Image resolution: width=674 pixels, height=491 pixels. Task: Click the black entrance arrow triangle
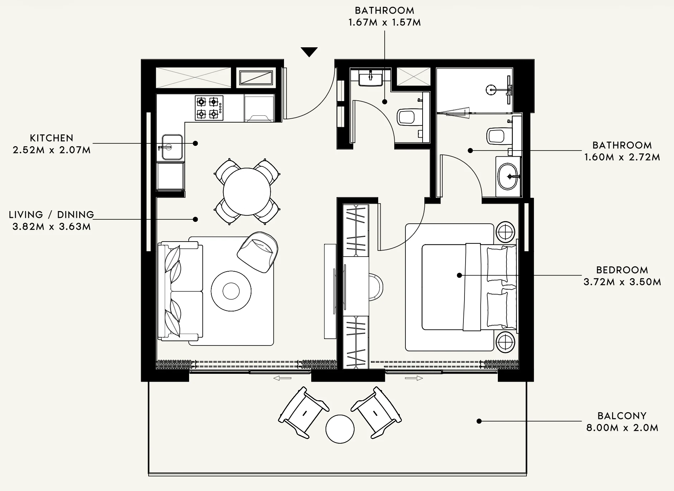[309, 52]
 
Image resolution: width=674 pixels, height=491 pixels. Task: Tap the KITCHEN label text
[52, 138]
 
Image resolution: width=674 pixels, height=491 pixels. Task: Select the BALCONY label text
[622, 416]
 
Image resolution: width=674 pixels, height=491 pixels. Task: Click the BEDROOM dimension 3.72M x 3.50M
[622, 282]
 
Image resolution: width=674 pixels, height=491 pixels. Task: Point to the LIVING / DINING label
[52, 215]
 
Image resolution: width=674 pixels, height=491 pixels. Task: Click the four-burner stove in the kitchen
[209, 108]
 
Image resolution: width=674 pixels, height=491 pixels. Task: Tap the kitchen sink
[172, 147]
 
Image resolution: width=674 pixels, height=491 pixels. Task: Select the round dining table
[247, 191]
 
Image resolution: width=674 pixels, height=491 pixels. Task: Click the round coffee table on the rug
[231, 291]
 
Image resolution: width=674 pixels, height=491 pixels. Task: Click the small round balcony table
[340, 429]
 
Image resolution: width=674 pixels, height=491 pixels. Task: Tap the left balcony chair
[304, 412]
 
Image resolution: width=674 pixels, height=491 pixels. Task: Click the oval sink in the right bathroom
[508, 176]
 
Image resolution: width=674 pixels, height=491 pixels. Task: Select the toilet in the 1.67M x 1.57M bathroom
[406, 117]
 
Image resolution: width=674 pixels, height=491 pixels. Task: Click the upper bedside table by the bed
[505, 232]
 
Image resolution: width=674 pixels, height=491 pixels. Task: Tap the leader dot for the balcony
[479, 421]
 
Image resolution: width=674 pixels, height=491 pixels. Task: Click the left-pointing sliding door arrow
[282, 378]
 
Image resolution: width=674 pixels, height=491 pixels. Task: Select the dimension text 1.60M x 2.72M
[622, 157]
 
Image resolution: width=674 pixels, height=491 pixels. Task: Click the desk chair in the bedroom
[376, 287]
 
